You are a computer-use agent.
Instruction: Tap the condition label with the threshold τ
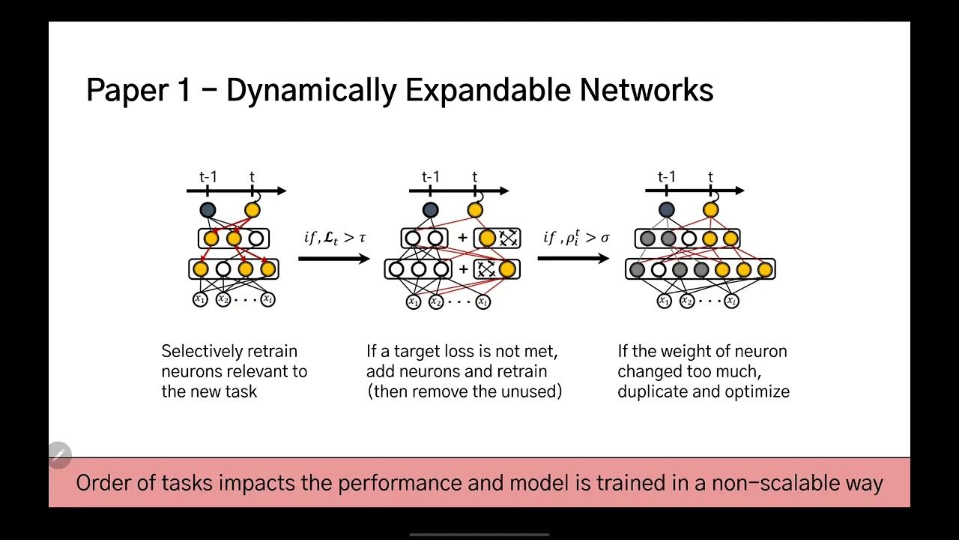point(335,238)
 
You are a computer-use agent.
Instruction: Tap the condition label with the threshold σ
point(576,238)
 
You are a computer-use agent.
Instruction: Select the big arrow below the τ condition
point(334,259)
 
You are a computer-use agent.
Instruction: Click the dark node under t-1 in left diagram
point(208,211)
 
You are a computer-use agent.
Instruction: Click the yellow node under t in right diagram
point(710,210)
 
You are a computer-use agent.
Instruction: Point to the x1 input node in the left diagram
point(200,299)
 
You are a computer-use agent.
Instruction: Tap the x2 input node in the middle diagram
point(436,302)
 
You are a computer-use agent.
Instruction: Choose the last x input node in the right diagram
point(731,301)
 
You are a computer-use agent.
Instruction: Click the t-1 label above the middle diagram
point(430,177)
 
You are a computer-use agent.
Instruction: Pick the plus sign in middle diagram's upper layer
point(462,238)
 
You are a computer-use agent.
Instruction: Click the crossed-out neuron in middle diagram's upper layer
point(509,238)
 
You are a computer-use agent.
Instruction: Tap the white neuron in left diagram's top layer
point(256,238)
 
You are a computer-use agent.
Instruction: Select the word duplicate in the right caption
point(652,391)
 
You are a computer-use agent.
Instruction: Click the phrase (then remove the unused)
point(464,391)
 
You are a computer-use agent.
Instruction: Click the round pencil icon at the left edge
point(59,454)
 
